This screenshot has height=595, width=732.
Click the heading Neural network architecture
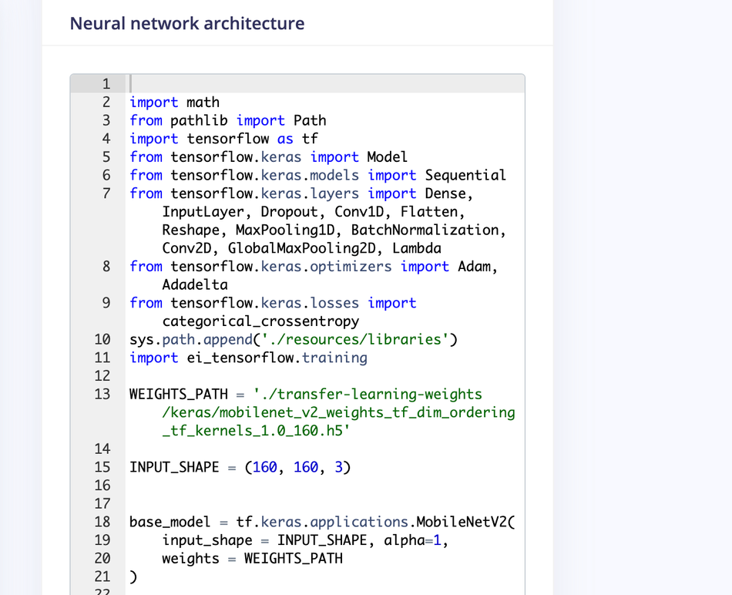(x=187, y=23)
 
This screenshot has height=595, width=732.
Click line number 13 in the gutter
(x=102, y=394)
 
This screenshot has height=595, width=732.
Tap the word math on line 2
(x=203, y=103)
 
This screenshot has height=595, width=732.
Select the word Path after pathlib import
(x=310, y=120)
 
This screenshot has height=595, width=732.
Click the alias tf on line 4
(x=310, y=139)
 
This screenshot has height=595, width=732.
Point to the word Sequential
(x=465, y=175)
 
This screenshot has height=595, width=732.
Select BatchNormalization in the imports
(x=425, y=230)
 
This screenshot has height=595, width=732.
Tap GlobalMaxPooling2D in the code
(x=301, y=248)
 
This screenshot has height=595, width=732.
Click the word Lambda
(x=417, y=248)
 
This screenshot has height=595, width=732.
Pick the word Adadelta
(x=195, y=284)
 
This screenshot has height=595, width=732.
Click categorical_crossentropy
(x=260, y=321)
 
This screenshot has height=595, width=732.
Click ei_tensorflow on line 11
(x=240, y=358)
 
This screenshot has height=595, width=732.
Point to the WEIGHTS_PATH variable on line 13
(x=179, y=394)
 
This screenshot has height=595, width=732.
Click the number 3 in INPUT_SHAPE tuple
(x=338, y=467)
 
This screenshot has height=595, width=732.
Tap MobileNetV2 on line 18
(x=462, y=522)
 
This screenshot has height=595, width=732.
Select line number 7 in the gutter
(x=106, y=193)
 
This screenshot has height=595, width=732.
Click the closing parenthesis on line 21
(x=133, y=577)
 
